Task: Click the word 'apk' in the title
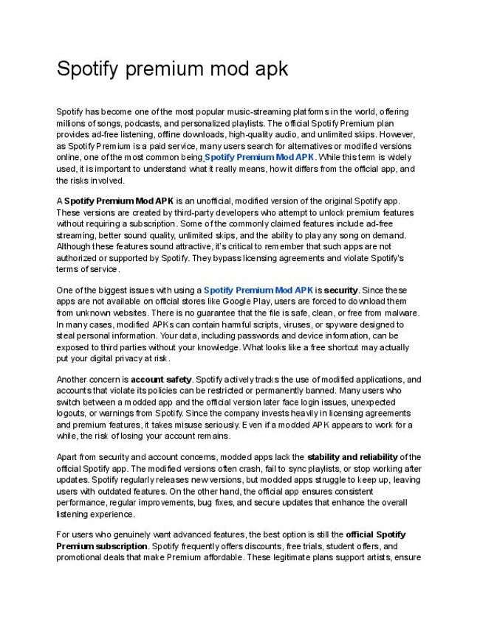[x=268, y=69]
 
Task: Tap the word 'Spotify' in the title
[x=89, y=69]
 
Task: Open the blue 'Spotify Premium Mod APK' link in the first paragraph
[x=259, y=157]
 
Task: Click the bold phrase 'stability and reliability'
[x=352, y=457]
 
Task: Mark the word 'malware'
[x=402, y=313]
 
